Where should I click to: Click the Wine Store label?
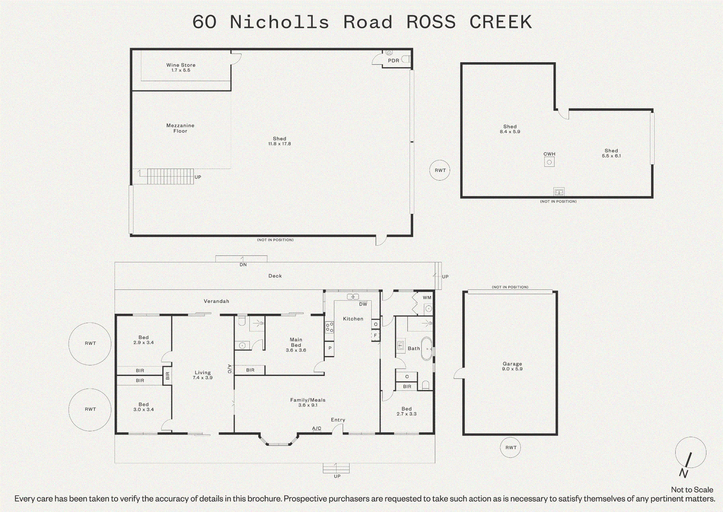(x=181, y=67)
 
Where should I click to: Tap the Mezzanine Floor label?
(x=180, y=128)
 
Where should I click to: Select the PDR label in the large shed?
(x=394, y=61)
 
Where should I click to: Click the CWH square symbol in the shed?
(x=549, y=162)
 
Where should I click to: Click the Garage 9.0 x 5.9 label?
(x=512, y=366)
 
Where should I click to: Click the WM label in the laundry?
(x=427, y=297)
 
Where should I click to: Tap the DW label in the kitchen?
(x=363, y=304)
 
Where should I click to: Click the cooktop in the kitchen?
(x=329, y=327)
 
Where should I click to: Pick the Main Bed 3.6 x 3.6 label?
(x=296, y=345)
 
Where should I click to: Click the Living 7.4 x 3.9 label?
(x=202, y=375)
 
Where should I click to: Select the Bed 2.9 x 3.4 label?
(x=144, y=340)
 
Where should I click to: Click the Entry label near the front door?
(x=338, y=420)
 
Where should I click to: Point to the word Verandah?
(x=216, y=301)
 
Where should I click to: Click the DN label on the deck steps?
(x=243, y=265)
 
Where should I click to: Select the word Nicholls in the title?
(x=279, y=22)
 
